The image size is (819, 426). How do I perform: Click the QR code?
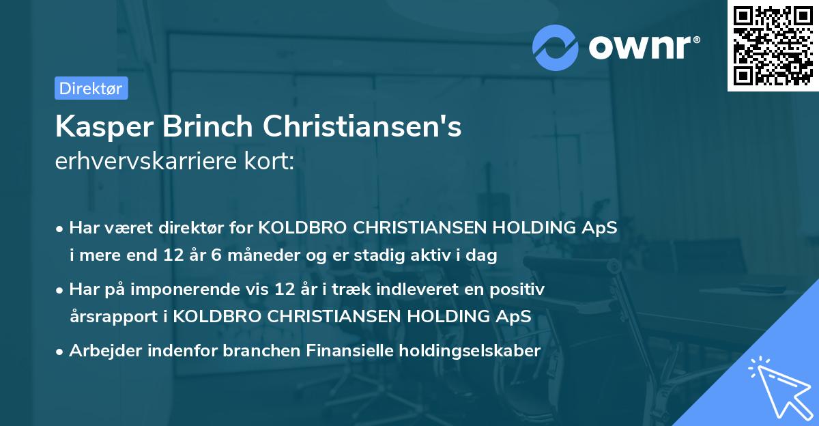773,45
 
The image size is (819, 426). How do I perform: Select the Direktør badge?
91,88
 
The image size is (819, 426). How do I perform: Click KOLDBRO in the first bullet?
304,228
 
